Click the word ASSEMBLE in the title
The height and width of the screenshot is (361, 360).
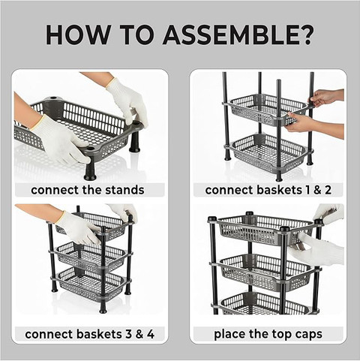pyautogui.click(x=229, y=35)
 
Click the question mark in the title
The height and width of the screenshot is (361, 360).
pyautogui.click(x=305, y=35)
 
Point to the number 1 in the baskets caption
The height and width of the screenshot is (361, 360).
pyautogui.click(x=307, y=190)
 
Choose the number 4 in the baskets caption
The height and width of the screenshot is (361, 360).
pyautogui.click(x=151, y=334)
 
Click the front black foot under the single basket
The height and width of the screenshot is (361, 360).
pyautogui.click(x=90, y=172)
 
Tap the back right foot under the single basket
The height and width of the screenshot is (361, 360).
pyautogui.click(x=134, y=143)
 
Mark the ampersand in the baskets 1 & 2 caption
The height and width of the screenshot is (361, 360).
pyautogui.click(x=316, y=190)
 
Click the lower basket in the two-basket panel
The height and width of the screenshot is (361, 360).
pyautogui.click(x=268, y=154)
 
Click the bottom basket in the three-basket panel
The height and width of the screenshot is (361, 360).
pyautogui.click(x=91, y=284)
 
